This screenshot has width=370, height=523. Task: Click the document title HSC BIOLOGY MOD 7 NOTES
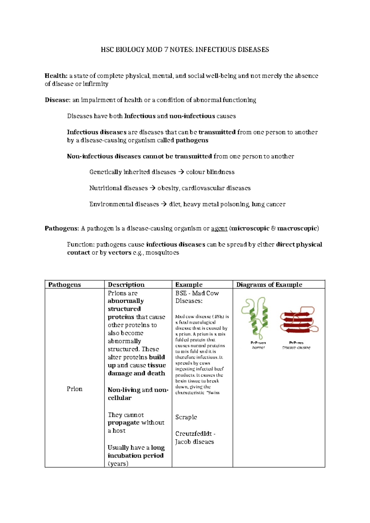coord(185,50)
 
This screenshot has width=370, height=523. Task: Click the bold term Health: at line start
coord(56,76)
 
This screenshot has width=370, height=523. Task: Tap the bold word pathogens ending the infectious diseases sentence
coord(192,140)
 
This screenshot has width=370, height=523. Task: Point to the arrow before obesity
coord(152,188)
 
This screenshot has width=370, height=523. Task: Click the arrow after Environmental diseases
coord(164,204)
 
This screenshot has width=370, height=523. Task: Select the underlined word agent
coord(219,229)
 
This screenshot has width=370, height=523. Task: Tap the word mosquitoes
coord(162,253)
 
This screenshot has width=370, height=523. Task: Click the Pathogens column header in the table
coord(64,285)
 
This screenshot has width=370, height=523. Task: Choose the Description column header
coord(126,285)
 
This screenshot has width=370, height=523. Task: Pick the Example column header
coord(189,285)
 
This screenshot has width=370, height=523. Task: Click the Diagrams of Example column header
coord(269,285)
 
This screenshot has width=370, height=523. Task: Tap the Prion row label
coord(74,389)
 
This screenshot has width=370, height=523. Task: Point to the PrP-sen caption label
coord(258,343)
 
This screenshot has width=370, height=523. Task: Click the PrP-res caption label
coord(296,343)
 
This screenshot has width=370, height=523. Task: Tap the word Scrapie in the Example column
coord(186,417)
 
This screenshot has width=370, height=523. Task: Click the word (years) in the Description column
coord(118,463)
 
